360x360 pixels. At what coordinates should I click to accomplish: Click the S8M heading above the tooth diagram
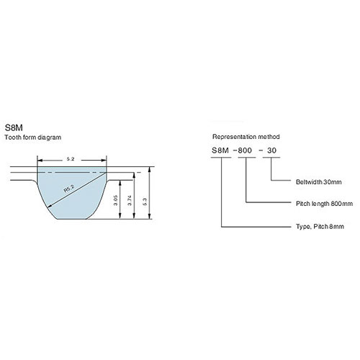tap(14, 127)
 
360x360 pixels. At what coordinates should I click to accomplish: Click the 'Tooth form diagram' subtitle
tap(33, 138)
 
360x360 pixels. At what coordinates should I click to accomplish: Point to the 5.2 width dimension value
tap(71, 159)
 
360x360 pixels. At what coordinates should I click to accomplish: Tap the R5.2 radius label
tap(69, 189)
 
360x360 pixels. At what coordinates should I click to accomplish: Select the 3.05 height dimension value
tap(116, 200)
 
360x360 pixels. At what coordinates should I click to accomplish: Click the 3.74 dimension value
tap(130, 200)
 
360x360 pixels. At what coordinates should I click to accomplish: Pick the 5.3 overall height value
tap(145, 202)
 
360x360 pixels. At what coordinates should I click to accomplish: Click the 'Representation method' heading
tap(246, 137)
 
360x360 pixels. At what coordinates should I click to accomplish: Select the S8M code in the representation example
tap(220, 150)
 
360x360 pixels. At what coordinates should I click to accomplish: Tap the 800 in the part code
tap(245, 150)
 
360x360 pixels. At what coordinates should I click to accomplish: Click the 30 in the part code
tap(271, 150)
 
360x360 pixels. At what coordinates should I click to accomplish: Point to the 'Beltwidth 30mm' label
tap(319, 182)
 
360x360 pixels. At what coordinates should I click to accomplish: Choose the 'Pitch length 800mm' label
tap(324, 204)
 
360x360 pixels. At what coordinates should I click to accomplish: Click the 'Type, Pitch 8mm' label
tap(320, 227)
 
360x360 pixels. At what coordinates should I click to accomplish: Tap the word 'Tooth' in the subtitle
tap(12, 138)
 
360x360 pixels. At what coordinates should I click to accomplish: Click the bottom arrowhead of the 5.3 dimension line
tap(150, 217)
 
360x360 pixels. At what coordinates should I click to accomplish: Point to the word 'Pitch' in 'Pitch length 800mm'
tap(303, 204)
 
